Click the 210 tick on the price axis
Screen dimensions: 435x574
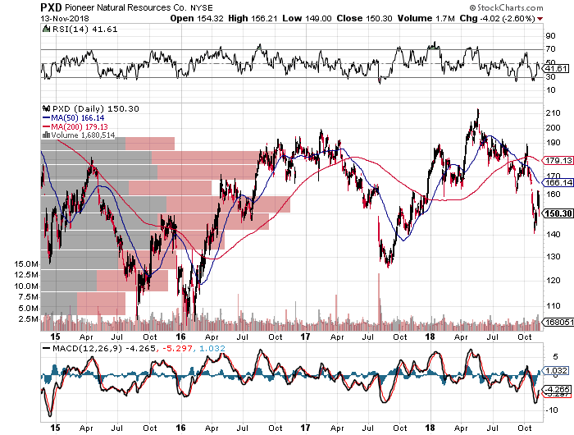click(553, 112)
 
